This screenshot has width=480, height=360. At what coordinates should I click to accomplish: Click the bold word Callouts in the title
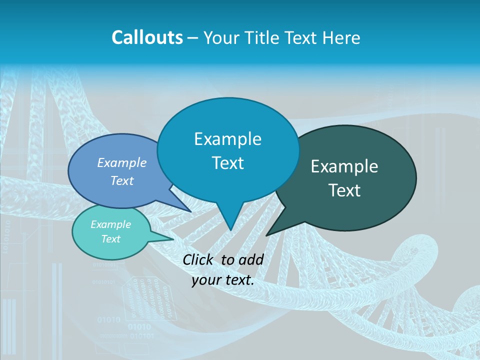147,37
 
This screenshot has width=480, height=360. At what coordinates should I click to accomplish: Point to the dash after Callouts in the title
193,38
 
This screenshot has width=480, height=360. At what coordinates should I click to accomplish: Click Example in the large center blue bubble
227,139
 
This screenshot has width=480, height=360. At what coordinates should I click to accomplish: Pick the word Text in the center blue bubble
227,163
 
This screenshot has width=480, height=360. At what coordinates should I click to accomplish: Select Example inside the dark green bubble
344,166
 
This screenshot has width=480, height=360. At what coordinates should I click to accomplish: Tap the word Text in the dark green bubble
344,190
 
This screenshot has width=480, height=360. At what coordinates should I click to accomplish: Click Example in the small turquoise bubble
110,224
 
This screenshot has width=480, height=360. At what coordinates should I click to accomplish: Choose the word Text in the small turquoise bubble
110,239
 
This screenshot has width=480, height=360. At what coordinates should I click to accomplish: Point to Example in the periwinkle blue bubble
121,163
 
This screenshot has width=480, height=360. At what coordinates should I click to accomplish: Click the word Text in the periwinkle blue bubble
121,180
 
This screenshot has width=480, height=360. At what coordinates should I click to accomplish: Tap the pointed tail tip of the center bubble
230,230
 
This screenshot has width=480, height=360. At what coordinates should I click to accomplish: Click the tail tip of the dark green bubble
266,235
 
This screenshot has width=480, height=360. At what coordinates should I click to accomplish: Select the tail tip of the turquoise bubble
173,239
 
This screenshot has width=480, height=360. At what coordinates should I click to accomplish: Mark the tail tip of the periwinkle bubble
190,211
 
